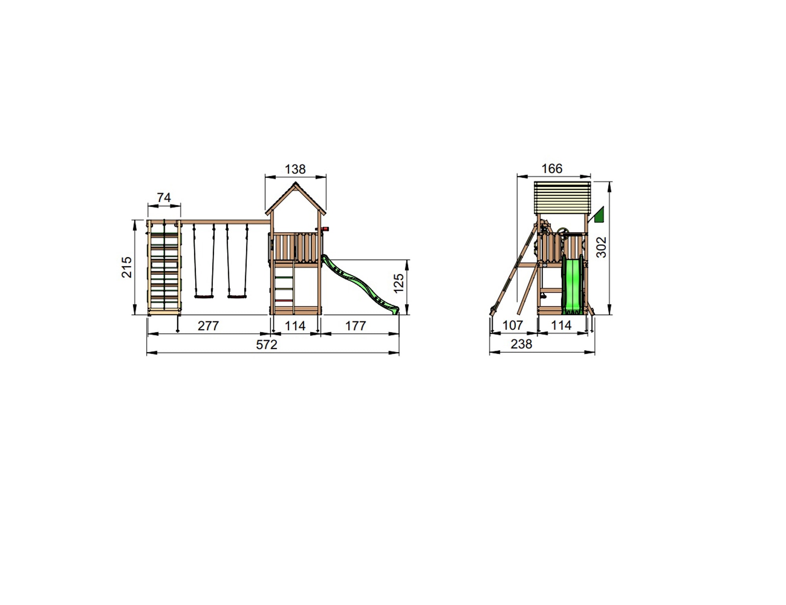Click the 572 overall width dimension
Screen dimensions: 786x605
(267, 345)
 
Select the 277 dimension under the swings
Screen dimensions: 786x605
(208, 326)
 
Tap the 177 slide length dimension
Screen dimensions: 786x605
(356, 326)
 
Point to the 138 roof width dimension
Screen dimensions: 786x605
(295, 169)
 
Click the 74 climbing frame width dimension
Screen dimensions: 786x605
(164, 197)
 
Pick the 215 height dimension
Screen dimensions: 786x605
(127, 267)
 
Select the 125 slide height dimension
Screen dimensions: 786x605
(399, 284)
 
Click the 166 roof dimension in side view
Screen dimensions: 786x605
(552, 169)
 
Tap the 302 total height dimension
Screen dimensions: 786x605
(602, 247)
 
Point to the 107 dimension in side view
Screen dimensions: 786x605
(513, 325)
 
